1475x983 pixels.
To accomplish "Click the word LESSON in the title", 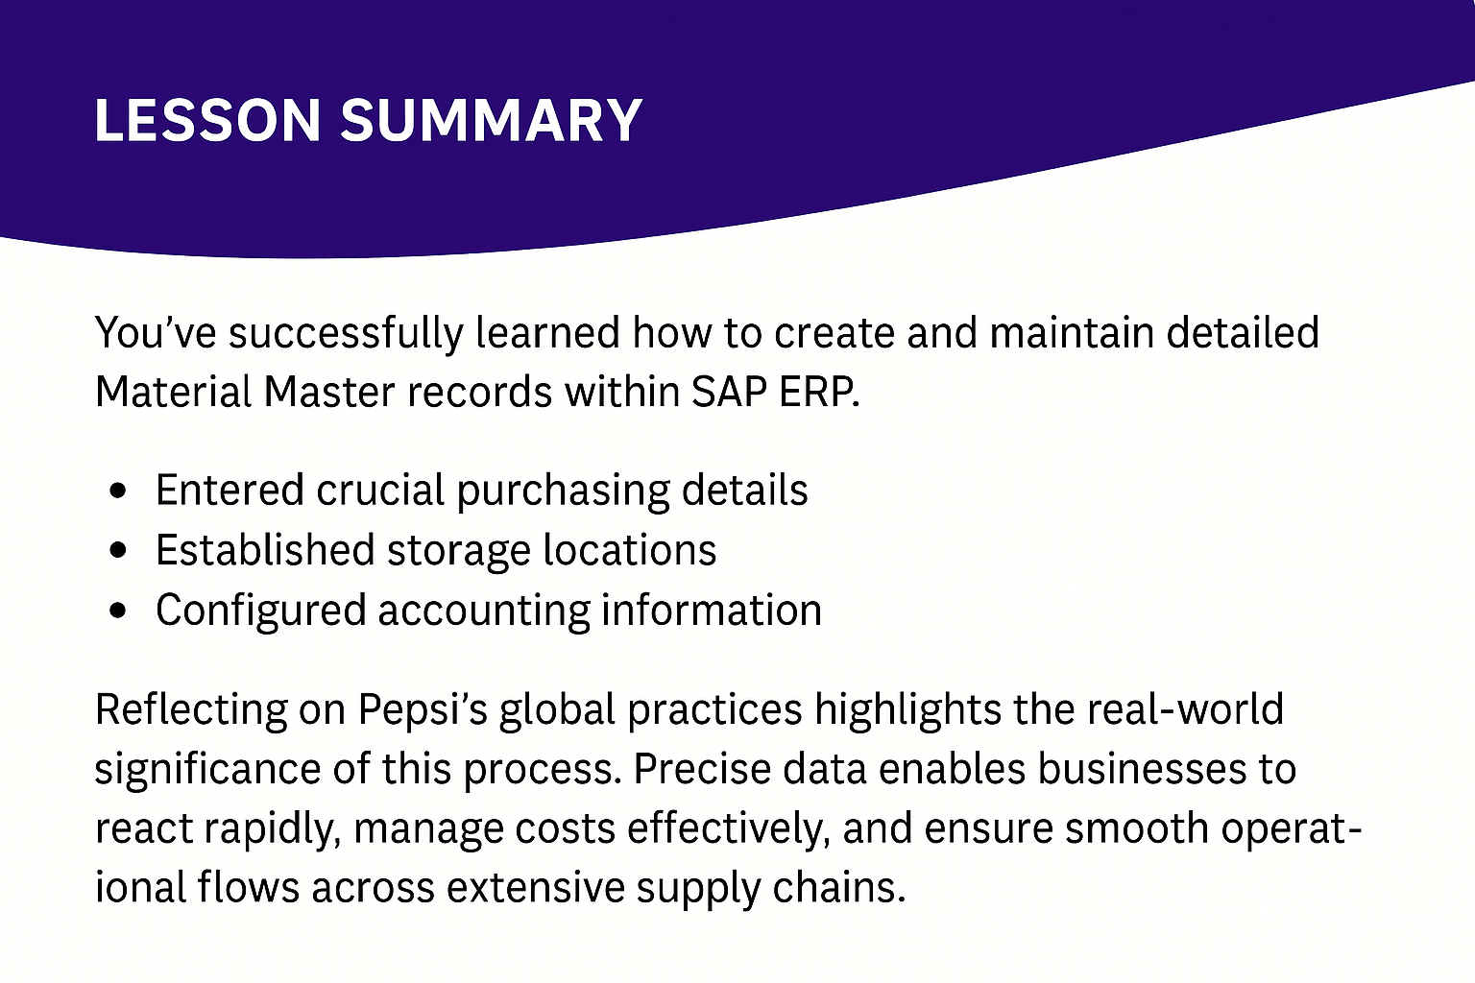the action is (x=208, y=120).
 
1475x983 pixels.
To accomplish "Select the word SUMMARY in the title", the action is (x=492, y=120).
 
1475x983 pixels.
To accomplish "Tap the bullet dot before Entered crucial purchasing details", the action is (x=118, y=491).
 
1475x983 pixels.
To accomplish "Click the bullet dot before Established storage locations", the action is (x=118, y=550).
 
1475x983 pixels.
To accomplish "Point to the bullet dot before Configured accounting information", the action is (x=118, y=611).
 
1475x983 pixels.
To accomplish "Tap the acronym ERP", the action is (x=819, y=393).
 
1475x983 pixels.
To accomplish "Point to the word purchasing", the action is (x=563, y=491).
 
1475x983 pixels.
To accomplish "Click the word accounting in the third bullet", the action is (x=484, y=611).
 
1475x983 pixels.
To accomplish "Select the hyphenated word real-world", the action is (x=1185, y=709).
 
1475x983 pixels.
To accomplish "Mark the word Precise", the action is (x=702, y=769).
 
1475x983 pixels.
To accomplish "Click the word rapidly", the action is (x=272, y=829).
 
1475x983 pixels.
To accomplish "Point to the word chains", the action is (x=839, y=888).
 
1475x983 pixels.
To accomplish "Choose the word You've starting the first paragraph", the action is (x=156, y=332).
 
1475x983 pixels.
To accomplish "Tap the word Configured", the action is (x=261, y=611).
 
